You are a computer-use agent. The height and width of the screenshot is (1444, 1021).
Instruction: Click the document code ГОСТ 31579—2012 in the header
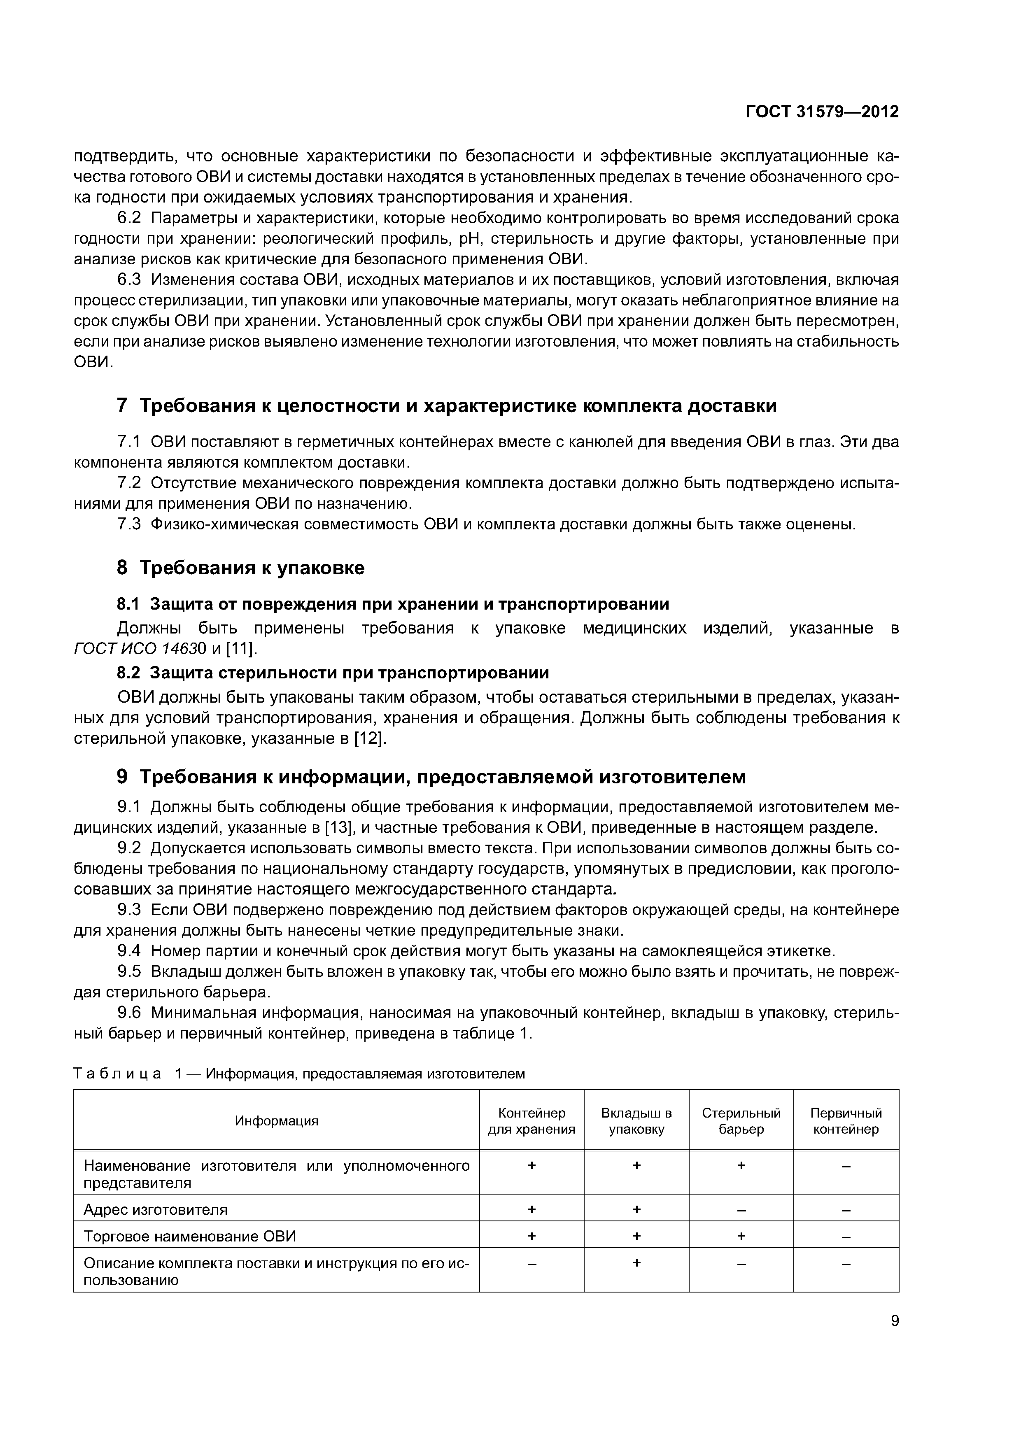(822, 112)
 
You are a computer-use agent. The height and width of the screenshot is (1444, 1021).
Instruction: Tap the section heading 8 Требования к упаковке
(240, 568)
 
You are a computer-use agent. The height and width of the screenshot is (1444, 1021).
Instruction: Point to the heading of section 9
(431, 777)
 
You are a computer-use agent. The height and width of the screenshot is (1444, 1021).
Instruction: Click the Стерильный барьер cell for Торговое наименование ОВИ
(741, 1237)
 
